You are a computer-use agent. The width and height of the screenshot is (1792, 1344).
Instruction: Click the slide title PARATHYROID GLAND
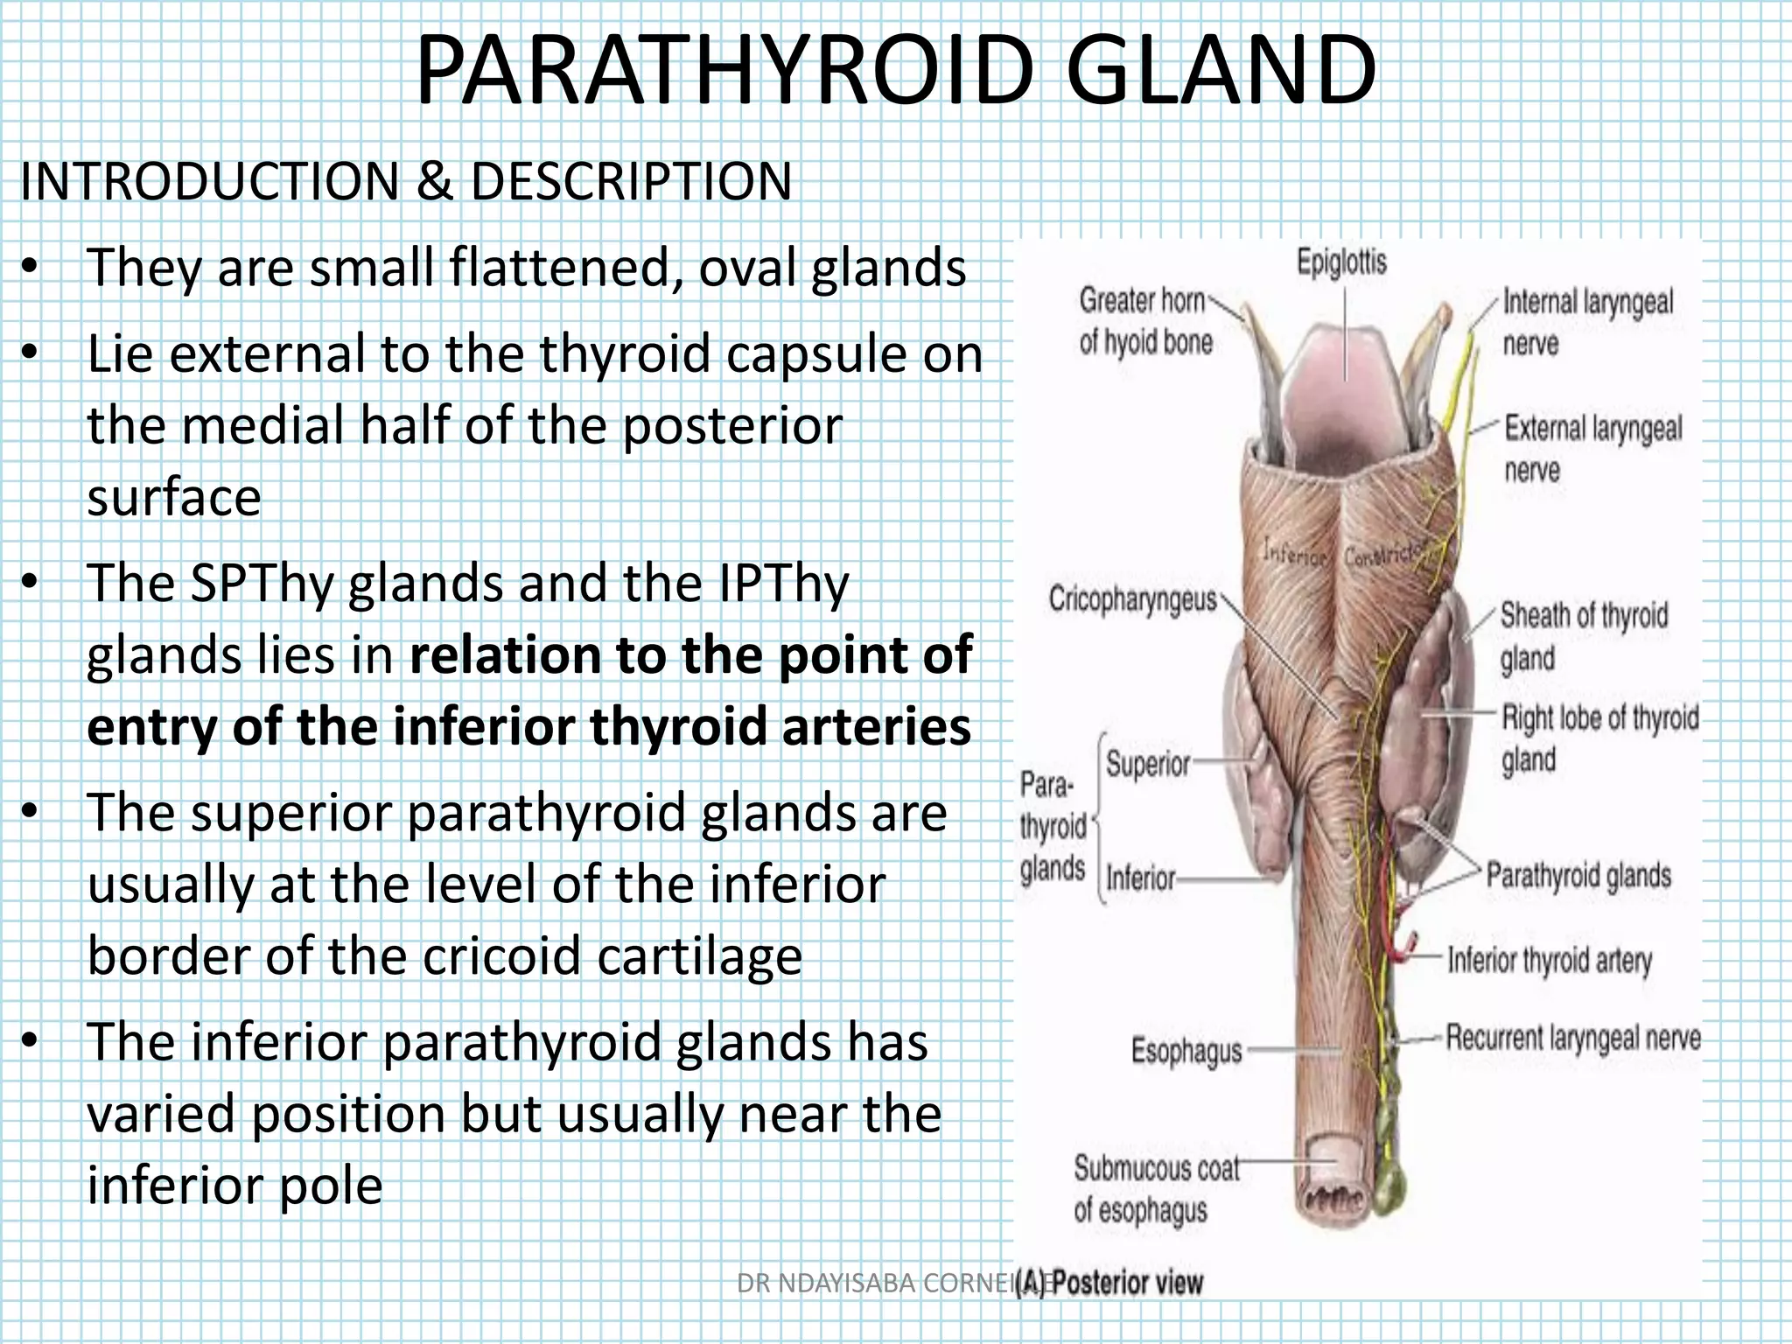coord(895,72)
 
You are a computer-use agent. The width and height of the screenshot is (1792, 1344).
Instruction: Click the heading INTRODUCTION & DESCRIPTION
coord(405,182)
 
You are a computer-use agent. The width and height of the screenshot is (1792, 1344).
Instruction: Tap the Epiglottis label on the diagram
coord(1341,262)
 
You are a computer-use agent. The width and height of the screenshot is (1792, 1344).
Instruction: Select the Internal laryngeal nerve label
coord(1586,322)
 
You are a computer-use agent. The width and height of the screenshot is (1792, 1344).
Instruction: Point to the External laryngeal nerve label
coord(1592,449)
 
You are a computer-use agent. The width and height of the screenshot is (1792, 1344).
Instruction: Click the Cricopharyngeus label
coord(1132,599)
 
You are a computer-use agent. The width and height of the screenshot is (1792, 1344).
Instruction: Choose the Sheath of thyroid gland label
coord(1584,636)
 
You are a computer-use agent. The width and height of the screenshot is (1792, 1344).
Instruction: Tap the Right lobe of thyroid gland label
coord(1599,738)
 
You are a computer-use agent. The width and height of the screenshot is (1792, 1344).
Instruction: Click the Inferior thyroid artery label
coord(1550,960)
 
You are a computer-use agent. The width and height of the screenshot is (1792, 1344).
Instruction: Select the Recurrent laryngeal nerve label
coord(1572,1038)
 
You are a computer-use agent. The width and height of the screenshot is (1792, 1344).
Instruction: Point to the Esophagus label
coord(1186,1050)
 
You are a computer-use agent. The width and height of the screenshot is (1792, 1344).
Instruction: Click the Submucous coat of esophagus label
coord(1155,1189)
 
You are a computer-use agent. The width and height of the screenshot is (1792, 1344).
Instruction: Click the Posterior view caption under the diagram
coord(1127,1283)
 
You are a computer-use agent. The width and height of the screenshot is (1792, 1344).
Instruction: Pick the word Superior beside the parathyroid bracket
coord(1148,764)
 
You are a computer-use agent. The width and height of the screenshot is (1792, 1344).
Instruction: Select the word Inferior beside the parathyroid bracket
coord(1141,877)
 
